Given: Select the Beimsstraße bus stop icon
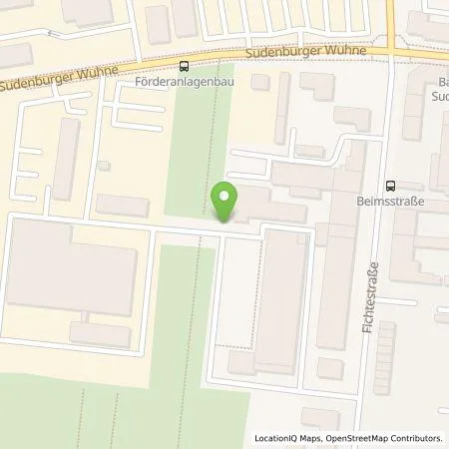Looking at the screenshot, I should (388, 184).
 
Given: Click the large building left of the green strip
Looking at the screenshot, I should (72, 266).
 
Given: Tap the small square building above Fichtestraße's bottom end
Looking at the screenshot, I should (330, 368).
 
